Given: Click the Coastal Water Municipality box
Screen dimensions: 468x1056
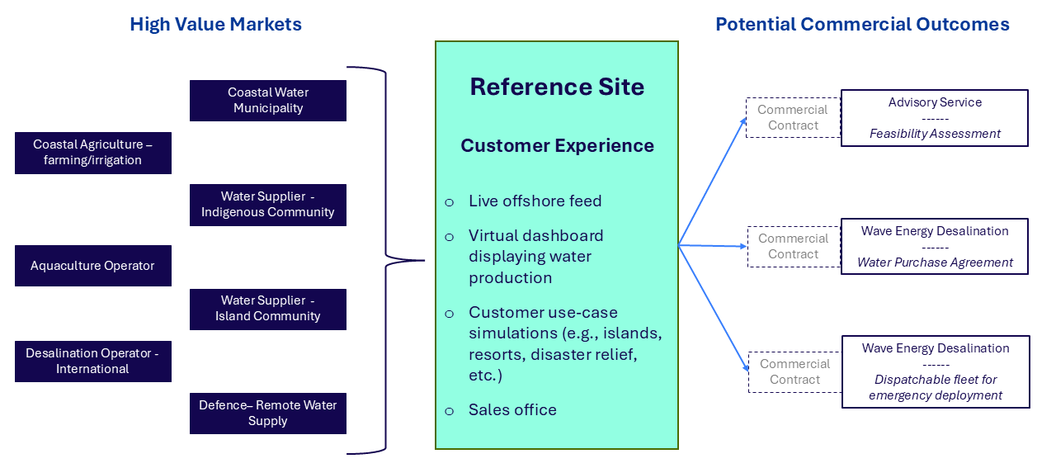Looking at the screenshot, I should pos(268,101).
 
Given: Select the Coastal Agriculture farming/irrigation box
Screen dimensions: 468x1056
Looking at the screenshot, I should pos(93,153).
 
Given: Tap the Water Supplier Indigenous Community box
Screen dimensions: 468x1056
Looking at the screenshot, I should pos(268,205).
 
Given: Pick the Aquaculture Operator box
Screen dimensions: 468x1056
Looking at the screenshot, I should pos(93,266).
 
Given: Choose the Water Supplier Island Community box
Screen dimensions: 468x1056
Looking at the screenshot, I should pos(268,309).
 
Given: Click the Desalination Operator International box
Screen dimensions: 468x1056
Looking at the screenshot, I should pos(93,362).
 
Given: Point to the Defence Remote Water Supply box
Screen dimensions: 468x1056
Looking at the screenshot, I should pos(268,414).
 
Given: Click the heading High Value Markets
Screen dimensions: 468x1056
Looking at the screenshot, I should pos(215,25).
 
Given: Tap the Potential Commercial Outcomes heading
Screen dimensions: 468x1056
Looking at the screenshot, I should pos(862,25).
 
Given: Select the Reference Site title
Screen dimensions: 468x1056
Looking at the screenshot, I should pos(557,87).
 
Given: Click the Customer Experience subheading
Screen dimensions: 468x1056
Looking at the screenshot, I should pos(557,146).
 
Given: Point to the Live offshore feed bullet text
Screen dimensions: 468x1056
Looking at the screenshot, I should pos(535,201).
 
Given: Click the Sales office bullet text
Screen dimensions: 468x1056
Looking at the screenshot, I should pos(512,410).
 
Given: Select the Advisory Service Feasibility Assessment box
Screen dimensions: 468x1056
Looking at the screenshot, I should pos(935,118).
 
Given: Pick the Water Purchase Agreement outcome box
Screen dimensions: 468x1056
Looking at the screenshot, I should pos(935,247).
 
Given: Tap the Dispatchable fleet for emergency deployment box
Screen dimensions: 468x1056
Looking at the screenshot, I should pos(936,371).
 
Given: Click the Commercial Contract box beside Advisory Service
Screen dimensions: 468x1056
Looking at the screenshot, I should pos(793,118).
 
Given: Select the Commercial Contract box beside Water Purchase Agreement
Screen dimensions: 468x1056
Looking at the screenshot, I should pos(793,247).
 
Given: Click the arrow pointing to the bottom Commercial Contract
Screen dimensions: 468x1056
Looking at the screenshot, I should pos(714,309).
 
